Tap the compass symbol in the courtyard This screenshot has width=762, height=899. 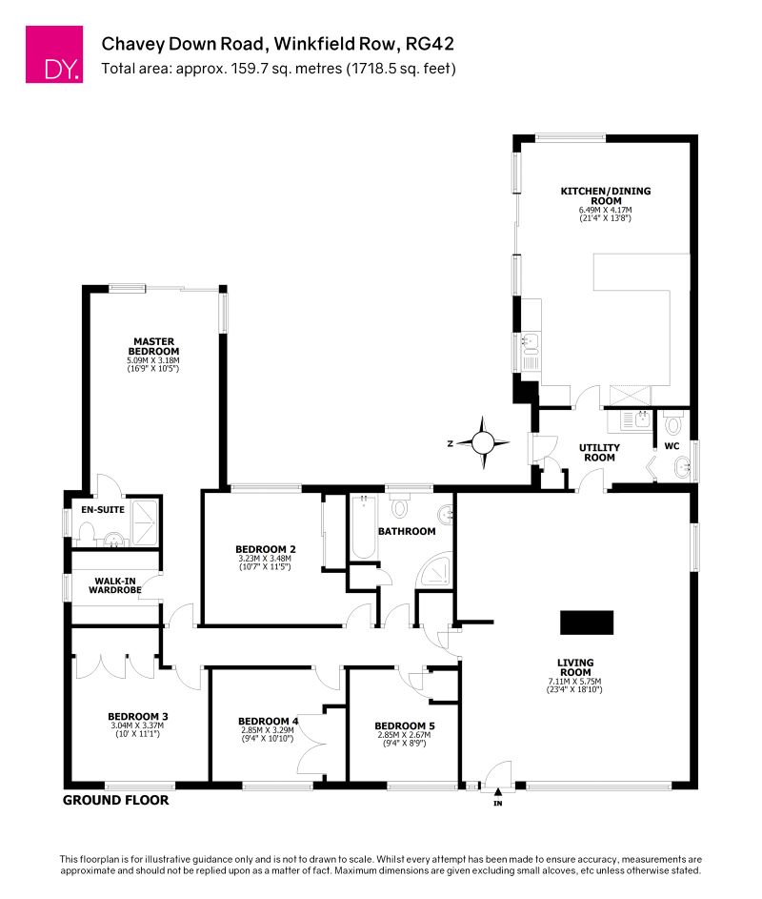(483, 442)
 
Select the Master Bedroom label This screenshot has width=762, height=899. (153, 346)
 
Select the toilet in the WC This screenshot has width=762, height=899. (673, 425)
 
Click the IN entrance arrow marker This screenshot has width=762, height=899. (497, 790)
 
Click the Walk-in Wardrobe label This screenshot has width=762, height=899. (116, 584)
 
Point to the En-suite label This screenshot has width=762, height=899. (97, 510)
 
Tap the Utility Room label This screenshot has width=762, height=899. (600, 452)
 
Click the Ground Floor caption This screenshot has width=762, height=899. (115, 801)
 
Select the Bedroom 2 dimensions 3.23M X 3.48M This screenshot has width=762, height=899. (267, 559)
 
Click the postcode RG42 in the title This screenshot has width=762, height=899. (431, 44)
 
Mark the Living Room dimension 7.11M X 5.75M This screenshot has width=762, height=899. (576, 681)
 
